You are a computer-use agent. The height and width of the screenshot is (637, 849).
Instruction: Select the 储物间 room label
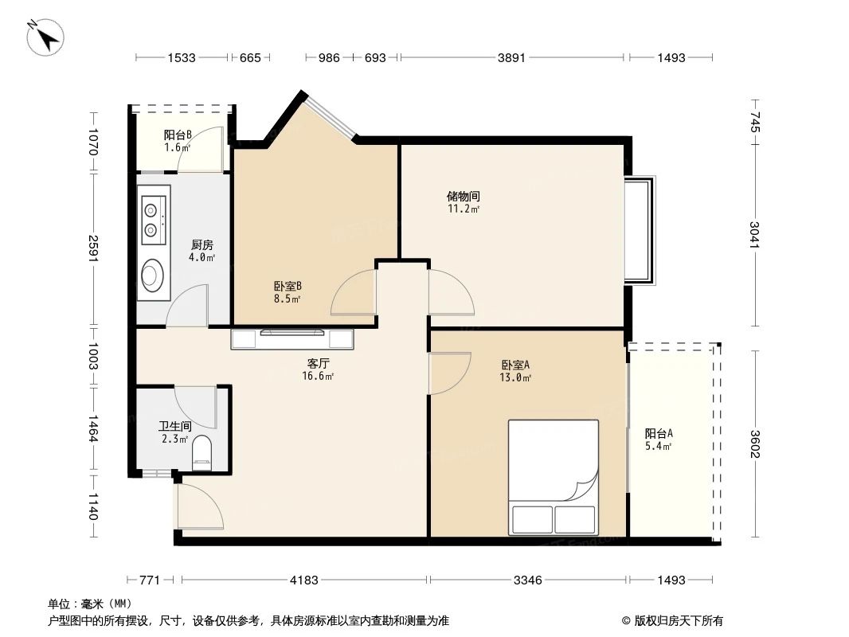point(463,196)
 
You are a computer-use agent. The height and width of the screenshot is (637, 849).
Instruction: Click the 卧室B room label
point(287,287)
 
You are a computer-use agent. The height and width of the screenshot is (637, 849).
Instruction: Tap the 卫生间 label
point(175,427)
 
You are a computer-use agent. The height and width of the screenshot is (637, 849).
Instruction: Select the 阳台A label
point(659,434)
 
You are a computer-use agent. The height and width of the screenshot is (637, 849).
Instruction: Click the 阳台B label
point(177,135)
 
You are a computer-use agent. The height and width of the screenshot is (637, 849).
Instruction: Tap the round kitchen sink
point(151,276)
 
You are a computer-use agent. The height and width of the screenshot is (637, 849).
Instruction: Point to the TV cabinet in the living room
point(292,339)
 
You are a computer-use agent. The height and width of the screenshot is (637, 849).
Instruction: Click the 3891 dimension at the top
point(511,57)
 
